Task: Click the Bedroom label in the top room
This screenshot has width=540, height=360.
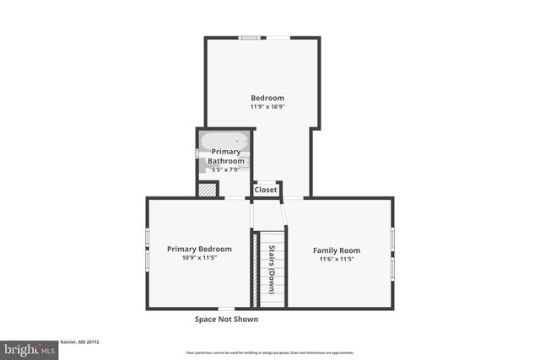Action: coord(267,98)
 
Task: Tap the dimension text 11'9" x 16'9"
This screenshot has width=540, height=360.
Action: coord(267,107)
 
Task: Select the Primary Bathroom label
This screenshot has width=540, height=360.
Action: coord(226,156)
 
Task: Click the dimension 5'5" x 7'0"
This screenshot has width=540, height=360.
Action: coord(225,169)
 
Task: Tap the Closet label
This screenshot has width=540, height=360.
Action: coord(266,190)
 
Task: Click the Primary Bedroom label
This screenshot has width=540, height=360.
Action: coord(198,249)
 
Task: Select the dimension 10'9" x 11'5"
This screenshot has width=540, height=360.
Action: coord(198,258)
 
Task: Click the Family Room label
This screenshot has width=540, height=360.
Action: coord(337,250)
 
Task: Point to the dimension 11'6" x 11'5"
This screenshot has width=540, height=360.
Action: coord(337,260)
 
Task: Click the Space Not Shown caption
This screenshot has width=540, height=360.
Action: coord(226,320)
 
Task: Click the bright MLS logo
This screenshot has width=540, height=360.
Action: coord(29,348)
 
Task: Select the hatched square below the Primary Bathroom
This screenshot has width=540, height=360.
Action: coord(207,190)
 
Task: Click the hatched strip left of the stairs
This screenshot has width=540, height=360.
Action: coord(255,270)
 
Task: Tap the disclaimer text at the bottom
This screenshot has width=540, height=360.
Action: coord(270,352)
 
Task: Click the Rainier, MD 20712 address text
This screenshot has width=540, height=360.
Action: coord(79,342)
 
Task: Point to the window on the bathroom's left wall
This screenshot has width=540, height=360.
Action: coord(197,153)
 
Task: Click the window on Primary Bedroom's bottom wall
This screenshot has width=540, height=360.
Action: coord(226,309)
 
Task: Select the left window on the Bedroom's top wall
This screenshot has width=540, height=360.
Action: coord(248,37)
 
